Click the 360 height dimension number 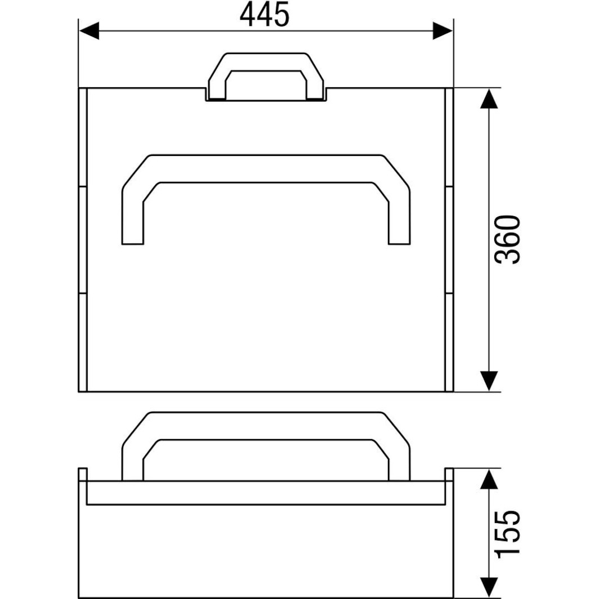click(507, 239)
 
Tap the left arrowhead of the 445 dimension click(88, 30)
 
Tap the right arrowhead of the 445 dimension click(442, 30)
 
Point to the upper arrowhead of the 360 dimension click(489, 99)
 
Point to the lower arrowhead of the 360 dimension click(489, 381)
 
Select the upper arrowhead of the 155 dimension click(489, 479)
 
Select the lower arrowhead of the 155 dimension click(489, 588)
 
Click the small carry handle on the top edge click(266, 62)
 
